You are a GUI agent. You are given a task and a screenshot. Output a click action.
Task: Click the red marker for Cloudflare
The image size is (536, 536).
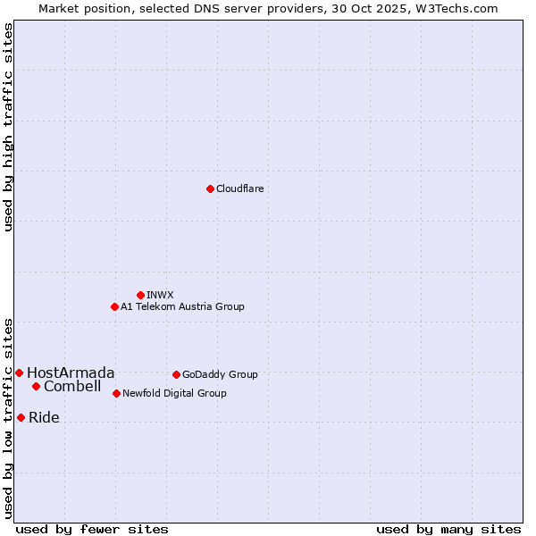pos(210,188)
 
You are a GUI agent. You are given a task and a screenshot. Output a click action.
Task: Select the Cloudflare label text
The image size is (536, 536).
pos(239,188)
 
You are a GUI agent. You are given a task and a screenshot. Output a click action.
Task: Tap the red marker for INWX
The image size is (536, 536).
pos(140,295)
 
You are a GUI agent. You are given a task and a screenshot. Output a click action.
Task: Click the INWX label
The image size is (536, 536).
pos(160,295)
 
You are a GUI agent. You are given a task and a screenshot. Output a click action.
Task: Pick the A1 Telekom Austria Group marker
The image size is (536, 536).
pos(114,306)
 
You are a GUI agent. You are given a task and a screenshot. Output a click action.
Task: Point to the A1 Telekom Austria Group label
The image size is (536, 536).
pos(182,306)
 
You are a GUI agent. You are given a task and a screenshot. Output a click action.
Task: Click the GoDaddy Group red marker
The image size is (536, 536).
pos(176,374)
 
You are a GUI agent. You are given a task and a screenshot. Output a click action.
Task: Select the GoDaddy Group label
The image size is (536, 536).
pos(220,374)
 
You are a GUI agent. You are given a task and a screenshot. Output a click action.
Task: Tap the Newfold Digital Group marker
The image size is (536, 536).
pos(116,393)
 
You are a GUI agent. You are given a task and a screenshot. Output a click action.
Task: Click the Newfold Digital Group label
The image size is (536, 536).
pos(174,393)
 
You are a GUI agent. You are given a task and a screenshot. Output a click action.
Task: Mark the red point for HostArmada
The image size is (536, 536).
pos(19,373)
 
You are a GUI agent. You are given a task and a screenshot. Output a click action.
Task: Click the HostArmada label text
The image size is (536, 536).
pos(71,373)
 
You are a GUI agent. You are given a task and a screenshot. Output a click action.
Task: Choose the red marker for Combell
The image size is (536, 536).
pos(36,386)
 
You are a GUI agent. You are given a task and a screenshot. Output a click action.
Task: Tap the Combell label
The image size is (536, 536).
pos(72,386)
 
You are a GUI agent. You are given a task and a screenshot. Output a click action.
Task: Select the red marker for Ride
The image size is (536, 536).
pos(21,417)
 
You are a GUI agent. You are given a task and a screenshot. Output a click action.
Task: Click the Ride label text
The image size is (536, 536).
pos(44,417)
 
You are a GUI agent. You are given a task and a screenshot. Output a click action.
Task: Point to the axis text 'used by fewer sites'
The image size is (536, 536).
pos(92,529)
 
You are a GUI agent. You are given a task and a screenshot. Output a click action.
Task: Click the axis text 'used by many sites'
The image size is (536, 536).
pos(448,529)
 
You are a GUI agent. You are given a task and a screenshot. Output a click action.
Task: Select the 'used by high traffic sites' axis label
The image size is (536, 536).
pos(8,127)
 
